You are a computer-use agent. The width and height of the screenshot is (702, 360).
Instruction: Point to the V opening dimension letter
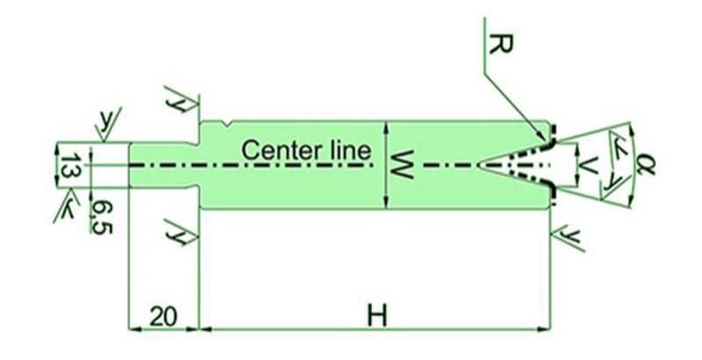click(590, 164)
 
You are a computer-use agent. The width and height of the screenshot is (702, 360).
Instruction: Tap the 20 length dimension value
click(163, 316)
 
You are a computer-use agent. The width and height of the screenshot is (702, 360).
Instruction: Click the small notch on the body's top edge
click(227, 124)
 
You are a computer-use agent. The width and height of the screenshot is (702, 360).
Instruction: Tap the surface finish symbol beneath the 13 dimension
click(66, 209)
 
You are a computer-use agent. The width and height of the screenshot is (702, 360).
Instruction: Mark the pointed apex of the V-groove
click(479, 164)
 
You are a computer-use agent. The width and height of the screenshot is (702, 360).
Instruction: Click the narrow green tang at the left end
click(163, 164)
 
